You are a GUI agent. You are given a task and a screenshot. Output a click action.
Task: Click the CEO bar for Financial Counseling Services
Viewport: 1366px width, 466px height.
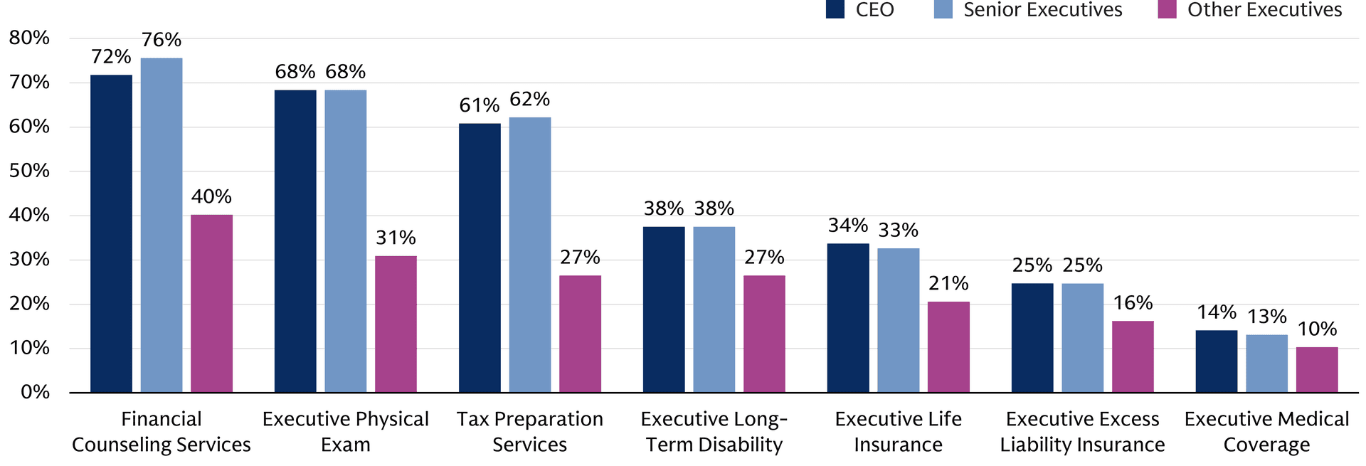point(111,233)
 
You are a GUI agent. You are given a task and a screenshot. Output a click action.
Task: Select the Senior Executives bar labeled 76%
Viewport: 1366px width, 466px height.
point(162,225)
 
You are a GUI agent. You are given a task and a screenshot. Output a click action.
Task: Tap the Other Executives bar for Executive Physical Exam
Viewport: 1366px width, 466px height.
point(396,324)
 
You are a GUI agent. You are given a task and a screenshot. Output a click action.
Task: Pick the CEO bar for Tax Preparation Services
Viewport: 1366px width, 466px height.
point(480,258)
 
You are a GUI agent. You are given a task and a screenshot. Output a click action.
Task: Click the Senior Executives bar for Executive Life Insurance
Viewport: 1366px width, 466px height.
point(899,320)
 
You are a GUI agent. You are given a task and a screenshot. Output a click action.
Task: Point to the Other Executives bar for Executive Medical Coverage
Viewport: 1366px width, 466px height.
point(1317,370)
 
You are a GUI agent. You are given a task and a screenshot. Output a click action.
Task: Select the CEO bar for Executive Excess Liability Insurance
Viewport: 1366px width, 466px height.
point(1032,338)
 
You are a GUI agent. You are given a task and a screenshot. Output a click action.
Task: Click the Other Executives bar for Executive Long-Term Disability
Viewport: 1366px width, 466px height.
point(765,334)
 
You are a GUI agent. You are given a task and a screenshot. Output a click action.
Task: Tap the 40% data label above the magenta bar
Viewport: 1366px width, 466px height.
point(211,196)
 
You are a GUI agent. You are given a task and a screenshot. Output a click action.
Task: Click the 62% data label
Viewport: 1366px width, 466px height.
point(530,99)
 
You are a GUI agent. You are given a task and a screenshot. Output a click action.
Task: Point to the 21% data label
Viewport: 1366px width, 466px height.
point(948,284)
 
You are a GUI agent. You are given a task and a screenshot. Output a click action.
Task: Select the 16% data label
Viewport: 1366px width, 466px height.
point(1133,303)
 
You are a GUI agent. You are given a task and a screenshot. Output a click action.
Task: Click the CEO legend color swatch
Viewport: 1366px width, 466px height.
point(835,9)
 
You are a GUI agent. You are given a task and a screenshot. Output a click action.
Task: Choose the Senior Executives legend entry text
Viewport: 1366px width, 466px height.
point(1043,10)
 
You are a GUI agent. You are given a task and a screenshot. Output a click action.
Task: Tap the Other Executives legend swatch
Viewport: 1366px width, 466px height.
point(1168,9)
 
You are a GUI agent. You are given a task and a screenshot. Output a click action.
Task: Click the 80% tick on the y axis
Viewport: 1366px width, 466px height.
point(29,38)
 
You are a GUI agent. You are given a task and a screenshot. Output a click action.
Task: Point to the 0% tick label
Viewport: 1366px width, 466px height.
point(35,392)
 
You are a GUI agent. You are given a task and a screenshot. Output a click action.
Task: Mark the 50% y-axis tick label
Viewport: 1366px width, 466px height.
point(29,171)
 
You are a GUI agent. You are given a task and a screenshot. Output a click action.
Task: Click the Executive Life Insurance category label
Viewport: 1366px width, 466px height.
point(899,432)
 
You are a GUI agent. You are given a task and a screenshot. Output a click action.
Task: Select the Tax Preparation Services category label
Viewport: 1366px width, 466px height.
point(530,432)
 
